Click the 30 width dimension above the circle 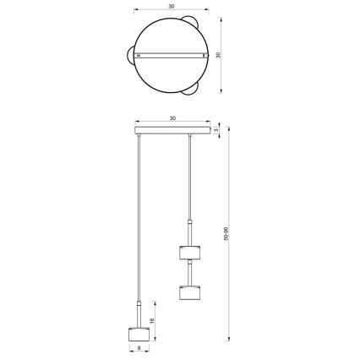(x=172, y=5)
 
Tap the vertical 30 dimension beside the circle (x=218, y=54)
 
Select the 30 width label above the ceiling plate (x=172, y=117)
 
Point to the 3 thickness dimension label (x=217, y=130)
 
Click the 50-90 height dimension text (x=226, y=232)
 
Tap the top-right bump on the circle (x=193, y=22)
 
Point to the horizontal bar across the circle (x=172, y=55)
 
